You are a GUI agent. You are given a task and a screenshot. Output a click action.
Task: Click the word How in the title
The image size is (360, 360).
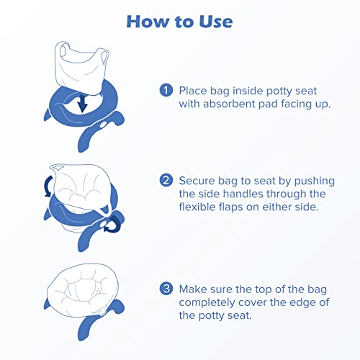pyautogui.click(x=150, y=21)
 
